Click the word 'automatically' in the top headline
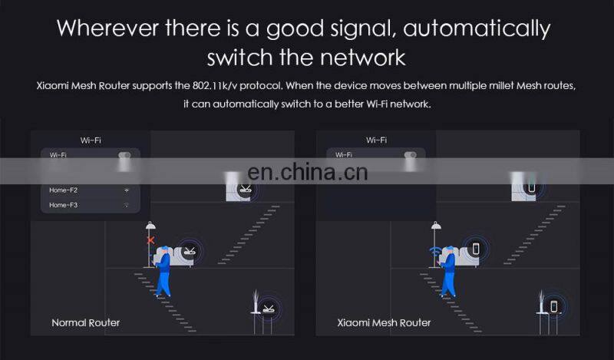[477, 28]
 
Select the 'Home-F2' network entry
[63, 190]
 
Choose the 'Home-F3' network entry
[63, 205]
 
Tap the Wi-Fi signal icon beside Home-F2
[127, 190]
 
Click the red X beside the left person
[150, 240]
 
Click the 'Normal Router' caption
[85, 322]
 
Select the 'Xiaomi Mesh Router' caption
[384, 322]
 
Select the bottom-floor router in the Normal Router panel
[267, 309]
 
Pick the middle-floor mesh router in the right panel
[475, 249]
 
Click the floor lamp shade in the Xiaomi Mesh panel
[436, 226]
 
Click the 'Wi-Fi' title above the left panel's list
[91, 140]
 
